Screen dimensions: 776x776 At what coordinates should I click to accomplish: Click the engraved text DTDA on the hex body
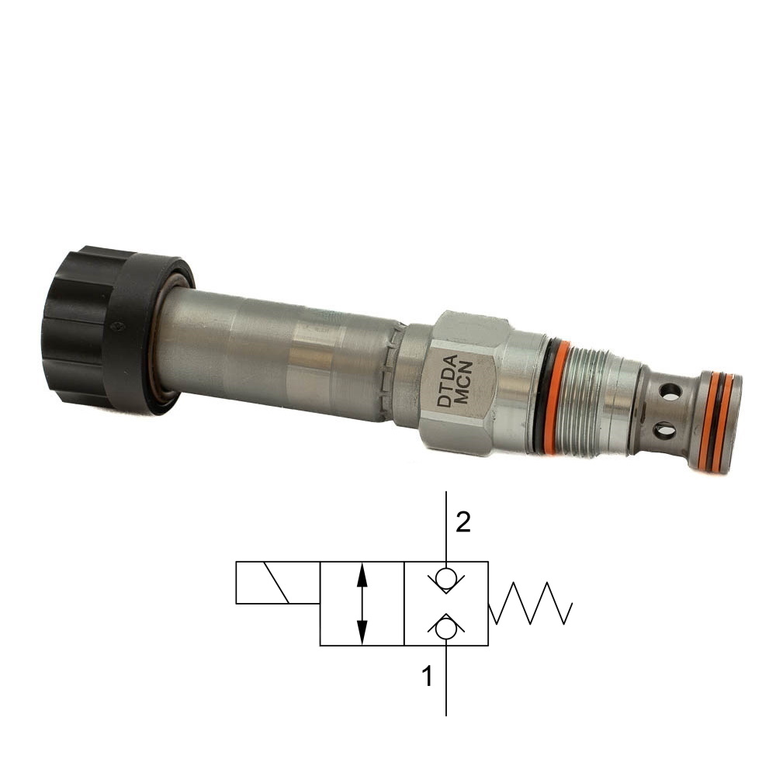coord(446,380)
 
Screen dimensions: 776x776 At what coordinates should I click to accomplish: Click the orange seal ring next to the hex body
coord(554,396)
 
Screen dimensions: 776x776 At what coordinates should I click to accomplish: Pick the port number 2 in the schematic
coord(462,522)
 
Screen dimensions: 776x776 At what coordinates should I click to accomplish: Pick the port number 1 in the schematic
coord(427,676)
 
